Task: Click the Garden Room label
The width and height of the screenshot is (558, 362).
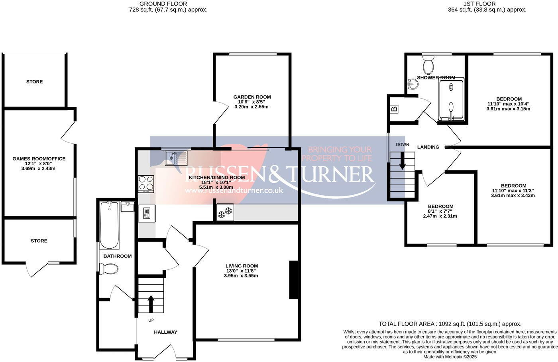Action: pyautogui.click(x=252, y=97)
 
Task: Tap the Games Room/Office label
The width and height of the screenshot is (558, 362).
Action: pyautogui.click(x=39, y=159)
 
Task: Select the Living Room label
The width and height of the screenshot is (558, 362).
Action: pyautogui.click(x=242, y=266)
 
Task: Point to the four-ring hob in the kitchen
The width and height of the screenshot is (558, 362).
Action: pyautogui.click(x=146, y=184)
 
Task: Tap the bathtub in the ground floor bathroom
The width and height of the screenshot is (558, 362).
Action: pyautogui.click(x=109, y=225)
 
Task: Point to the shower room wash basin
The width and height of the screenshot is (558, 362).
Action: pyautogui.click(x=413, y=84)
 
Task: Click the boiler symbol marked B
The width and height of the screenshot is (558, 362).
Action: pyautogui.click(x=395, y=109)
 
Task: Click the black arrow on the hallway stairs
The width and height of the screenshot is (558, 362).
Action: pyautogui.click(x=151, y=303)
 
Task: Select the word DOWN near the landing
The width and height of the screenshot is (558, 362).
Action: pyautogui.click(x=402, y=144)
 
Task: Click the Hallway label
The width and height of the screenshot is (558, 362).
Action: pyautogui.click(x=165, y=332)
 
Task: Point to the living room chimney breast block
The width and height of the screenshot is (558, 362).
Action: pyautogui.click(x=294, y=280)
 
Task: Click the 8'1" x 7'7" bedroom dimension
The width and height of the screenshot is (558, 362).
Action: pyautogui.click(x=440, y=211)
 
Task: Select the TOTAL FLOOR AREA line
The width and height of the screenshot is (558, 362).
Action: pyautogui.click(x=450, y=324)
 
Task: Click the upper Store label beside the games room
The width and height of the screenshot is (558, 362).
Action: pyautogui.click(x=34, y=82)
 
